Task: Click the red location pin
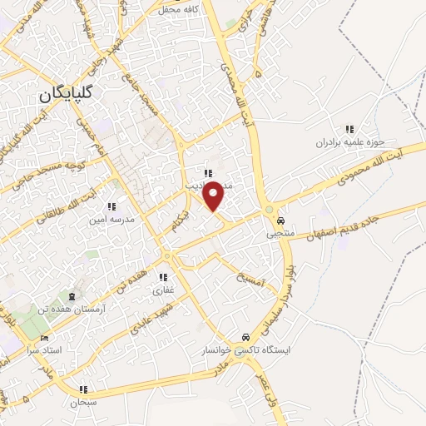click(x=214, y=196)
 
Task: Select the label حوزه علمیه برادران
click(x=350, y=142)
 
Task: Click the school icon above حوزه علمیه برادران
click(x=350, y=129)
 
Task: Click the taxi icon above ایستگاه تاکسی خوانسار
click(x=245, y=338)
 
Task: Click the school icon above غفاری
click(x=165, y=278)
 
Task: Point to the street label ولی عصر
click(x=271, y=395)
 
